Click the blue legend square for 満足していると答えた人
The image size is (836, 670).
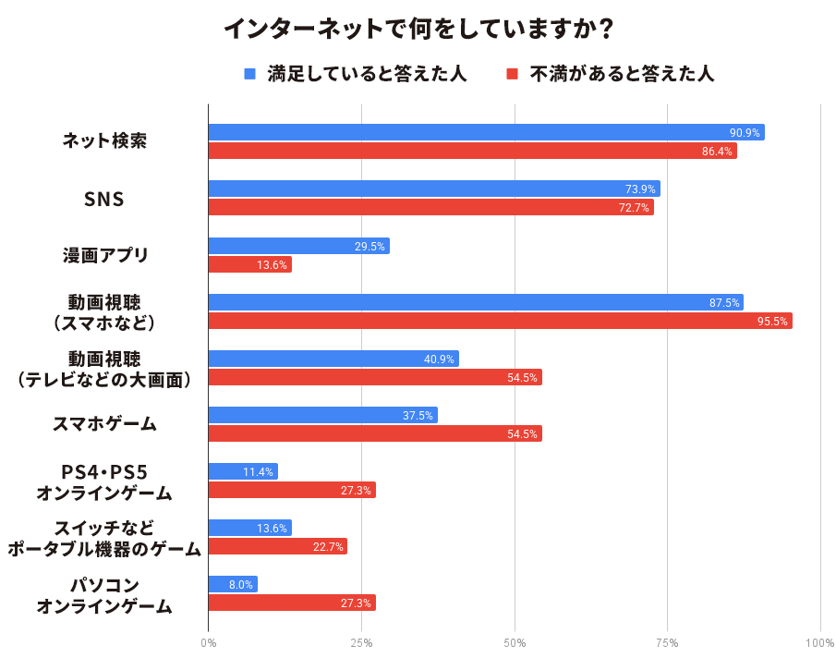coord(249,74)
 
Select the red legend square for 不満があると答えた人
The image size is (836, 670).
coord(512,74)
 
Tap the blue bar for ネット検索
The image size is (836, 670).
coord(486,132)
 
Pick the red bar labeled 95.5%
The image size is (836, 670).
coord(500,321)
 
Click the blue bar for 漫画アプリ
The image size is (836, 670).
coord(298,246)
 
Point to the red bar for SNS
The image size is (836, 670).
coord(430,207)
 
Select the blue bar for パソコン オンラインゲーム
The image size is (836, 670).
coord(233,584)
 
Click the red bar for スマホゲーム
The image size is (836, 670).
coord(374,433)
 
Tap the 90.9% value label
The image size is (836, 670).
coord(745,132)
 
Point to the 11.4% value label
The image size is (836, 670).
coord(258,471)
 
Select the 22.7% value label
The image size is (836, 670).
coord(328,546)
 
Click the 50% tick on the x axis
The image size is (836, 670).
coord(515,643)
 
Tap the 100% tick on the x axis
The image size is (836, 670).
coord(819,643)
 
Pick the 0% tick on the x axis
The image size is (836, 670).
coord(209,643)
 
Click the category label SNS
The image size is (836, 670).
coord(104,198)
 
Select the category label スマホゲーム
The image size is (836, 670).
coord(104,424)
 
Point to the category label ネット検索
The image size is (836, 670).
coord(104,141)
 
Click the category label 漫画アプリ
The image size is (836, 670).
coord(104,255)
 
